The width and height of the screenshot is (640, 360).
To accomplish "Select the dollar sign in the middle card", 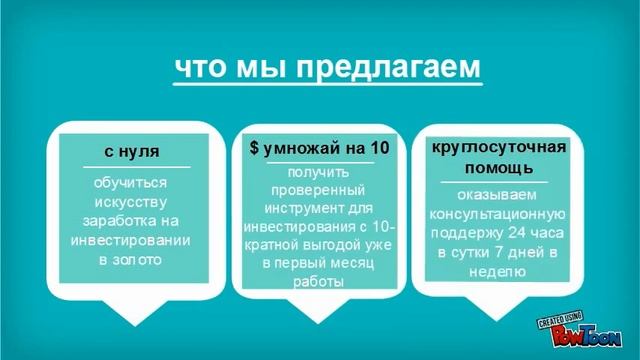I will [x=255, y=148].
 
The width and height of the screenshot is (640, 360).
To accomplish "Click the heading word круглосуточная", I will [x=499, y=147].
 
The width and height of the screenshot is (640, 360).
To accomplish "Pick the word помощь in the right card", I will [x=499, y=166].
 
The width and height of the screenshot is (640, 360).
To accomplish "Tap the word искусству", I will [x=131, y=202].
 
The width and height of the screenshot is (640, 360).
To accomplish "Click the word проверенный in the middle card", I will [x=319, y=190].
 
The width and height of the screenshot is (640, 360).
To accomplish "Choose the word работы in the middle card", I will [x=319, y=282].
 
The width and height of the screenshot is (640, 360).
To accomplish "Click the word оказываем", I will [x=497, y=195].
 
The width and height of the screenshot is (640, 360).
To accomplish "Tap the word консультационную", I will [x=497, y=214].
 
